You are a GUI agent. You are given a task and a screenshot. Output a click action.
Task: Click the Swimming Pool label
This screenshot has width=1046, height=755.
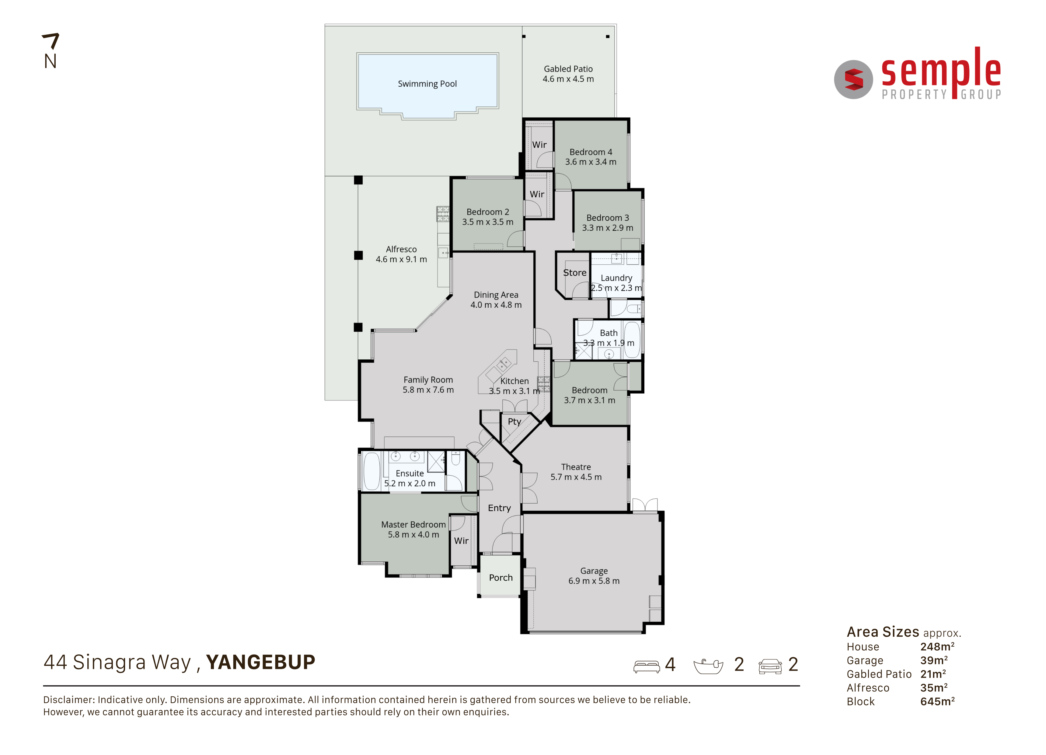click(427, 84)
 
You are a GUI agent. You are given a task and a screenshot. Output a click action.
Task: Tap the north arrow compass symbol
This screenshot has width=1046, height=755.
click(51, 51)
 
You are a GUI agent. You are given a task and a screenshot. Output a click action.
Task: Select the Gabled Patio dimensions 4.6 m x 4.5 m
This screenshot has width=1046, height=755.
click(568, 79)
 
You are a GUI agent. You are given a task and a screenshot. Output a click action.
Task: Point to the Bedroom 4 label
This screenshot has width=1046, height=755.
click(591, 152)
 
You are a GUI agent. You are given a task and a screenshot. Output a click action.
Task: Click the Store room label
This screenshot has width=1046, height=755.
click(575, 273)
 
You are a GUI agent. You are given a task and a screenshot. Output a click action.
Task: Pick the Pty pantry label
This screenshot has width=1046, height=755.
click(514, 421)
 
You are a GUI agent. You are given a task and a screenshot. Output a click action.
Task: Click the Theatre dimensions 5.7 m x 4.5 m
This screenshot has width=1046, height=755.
click(576, 477)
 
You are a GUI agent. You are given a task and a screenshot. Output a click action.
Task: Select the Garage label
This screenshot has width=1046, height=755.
click(594, 571)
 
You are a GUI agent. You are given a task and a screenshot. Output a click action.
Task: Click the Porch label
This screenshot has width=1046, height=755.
click(501, 578)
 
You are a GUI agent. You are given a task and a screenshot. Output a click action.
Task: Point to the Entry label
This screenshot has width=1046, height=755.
click(500, 508)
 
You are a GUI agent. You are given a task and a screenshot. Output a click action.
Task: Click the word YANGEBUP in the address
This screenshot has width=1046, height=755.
click(260, 662)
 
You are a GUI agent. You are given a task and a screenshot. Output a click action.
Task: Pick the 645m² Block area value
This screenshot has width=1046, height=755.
click(937, 701)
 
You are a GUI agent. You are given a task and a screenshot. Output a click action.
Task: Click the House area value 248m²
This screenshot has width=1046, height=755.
click(937, 647)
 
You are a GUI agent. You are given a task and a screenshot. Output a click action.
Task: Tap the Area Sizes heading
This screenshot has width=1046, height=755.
click(883, 631)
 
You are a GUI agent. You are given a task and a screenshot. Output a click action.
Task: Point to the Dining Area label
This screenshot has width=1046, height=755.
click(496, 295)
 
